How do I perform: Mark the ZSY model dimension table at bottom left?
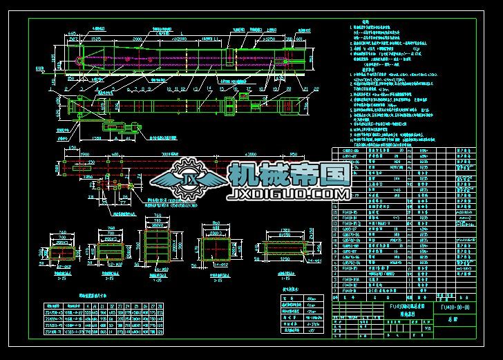[x=104, y=319]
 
